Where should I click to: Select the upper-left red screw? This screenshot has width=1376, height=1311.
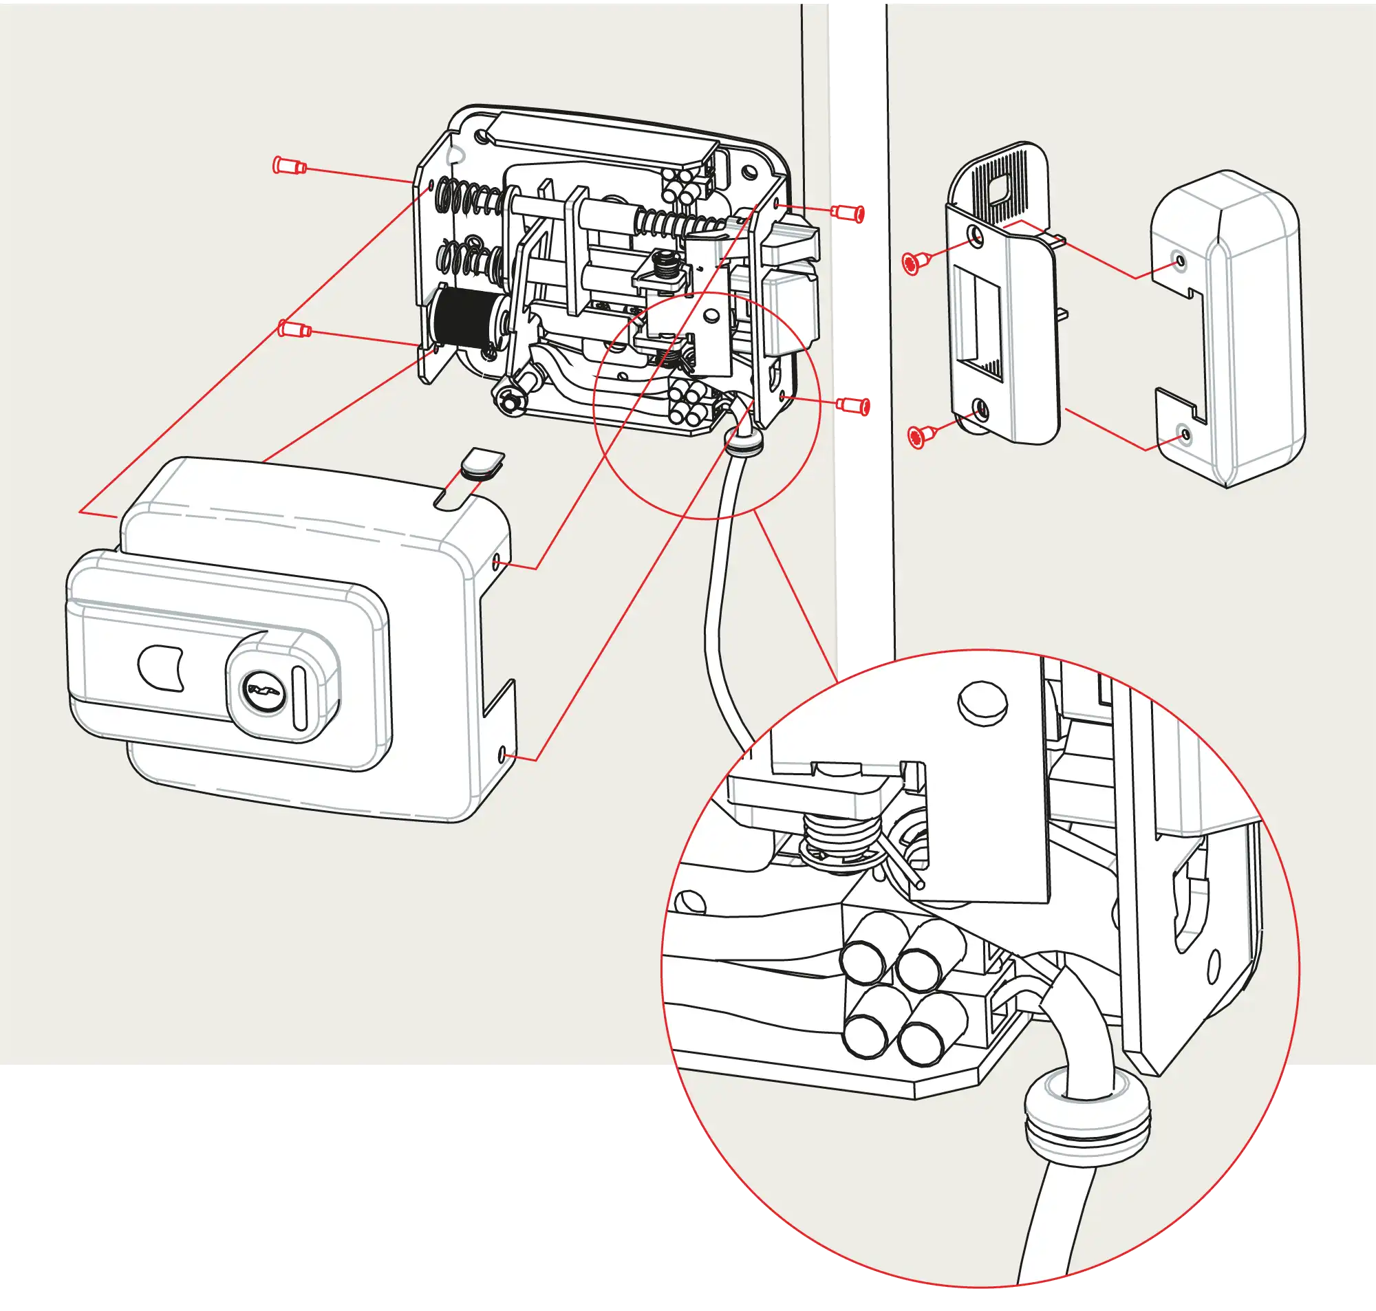point(288,166)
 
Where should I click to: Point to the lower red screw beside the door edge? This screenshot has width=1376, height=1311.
point(854,404)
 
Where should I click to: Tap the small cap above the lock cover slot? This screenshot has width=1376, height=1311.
point(482,462)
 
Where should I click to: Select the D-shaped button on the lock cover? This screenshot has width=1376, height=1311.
point(161,667)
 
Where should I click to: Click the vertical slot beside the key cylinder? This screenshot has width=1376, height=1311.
point(301,699)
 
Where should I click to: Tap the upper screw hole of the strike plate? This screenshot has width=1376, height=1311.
point(975,235)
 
